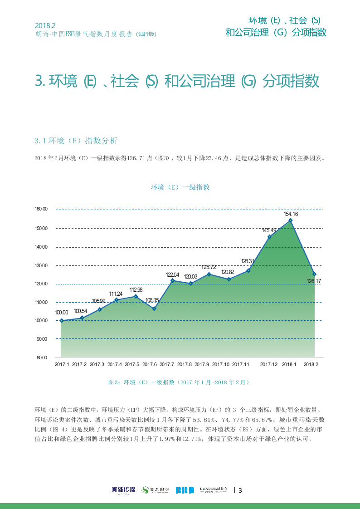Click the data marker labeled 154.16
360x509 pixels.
coord(291,220)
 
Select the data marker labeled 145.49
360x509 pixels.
coord(269,237)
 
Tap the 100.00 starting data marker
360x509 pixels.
coord(61,320)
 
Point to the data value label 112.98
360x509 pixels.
coord(136,290)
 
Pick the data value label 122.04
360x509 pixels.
coord(172,275)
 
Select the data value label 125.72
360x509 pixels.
coord(209,267)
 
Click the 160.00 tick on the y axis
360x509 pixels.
coord(41,209)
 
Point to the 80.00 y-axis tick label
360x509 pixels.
coord(41,357)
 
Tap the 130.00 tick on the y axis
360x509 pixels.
coord(41,265)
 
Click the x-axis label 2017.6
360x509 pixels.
coord(150,364)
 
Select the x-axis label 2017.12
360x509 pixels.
coord(268,364)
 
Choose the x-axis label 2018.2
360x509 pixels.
coord(311,364)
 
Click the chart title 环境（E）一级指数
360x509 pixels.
coord(180,187)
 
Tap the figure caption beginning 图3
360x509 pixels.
coord(179,382)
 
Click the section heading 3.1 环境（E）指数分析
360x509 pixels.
coord(76,141)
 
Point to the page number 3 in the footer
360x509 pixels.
coord(240,490)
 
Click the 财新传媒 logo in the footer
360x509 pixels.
coord(123,490)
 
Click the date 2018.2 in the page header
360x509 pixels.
coord(45,25)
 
